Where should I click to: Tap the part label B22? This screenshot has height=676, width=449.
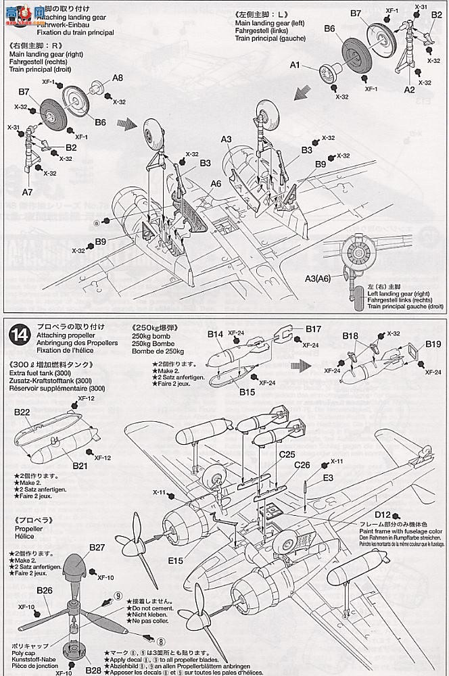pos(22,411)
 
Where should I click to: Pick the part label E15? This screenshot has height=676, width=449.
pos(176,560)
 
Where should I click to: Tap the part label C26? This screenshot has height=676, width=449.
pos(302,465)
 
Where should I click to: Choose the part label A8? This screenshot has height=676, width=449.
pos(118,78)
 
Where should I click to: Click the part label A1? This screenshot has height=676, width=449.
pos(295,65)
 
